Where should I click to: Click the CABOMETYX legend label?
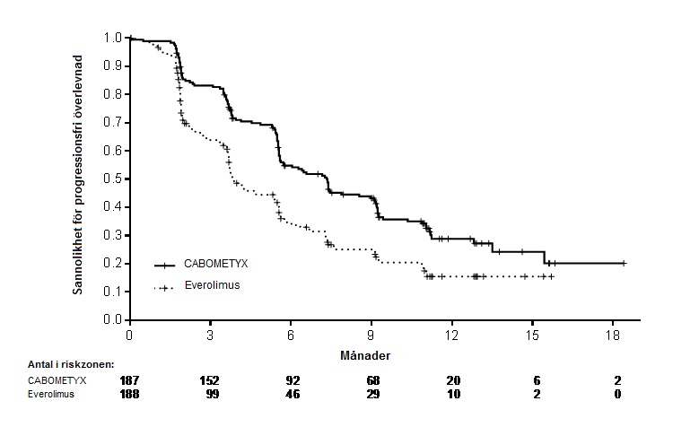[215, 264]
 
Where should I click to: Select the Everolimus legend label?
[212, 285]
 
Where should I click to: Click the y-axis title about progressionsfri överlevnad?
[78, 175]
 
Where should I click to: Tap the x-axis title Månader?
[365, 356]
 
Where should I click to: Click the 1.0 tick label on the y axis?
[112, 38]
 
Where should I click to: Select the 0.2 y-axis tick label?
[112, 264]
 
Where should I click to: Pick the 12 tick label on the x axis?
[451, 336]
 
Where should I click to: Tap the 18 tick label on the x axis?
[613, 336]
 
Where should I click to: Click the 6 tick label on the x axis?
[291, 336]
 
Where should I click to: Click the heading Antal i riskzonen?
[71, 364]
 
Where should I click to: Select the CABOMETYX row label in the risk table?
[57, 380]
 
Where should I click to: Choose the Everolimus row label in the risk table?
[51, 394]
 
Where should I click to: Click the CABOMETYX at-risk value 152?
[210, 380]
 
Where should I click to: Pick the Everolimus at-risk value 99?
[213, 394]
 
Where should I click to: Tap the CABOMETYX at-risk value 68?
[373, 380]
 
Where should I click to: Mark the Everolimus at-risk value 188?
[129, 394]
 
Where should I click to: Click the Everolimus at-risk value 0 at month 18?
[617, 394]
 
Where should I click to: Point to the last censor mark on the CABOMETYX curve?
[624, 264]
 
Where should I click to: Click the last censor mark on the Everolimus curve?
[552, 277]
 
